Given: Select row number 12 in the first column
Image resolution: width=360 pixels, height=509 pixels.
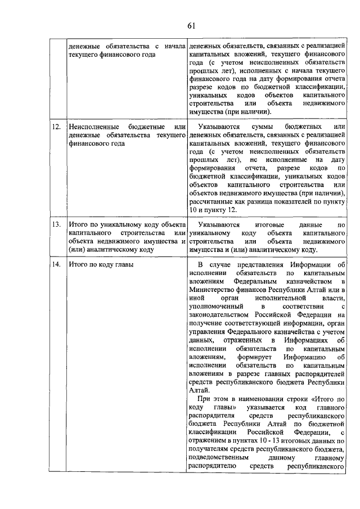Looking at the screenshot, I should coord(56,128).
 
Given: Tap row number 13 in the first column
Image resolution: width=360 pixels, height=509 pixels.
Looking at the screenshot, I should coord(56,224).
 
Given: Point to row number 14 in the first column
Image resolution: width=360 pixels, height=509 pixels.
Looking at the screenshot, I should coord(56,264).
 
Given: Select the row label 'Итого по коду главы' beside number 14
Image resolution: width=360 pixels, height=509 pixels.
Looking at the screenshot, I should coord(101,264).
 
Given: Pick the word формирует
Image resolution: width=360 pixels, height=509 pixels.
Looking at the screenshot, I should coord(274,357).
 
